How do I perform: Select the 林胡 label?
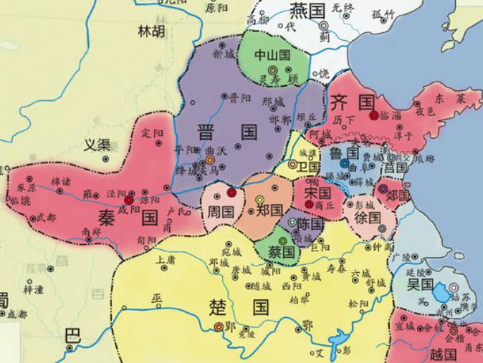151,31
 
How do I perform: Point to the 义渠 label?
97,145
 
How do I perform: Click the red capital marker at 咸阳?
128,201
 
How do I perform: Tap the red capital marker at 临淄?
373,115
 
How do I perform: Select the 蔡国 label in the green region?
282,252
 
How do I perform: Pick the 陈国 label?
311,224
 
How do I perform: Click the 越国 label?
443,354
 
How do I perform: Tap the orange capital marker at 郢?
219,326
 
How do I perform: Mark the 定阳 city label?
153,133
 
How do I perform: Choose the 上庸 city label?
166,259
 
